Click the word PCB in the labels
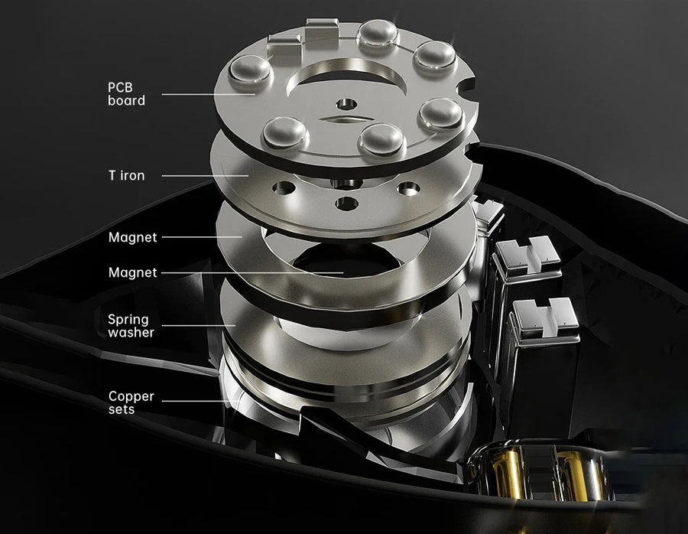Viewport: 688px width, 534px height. [x=120, y=87]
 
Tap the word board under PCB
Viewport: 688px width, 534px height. [x=126, y=100]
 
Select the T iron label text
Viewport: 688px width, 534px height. [x=126, y=176]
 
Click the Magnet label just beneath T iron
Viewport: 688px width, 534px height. [x=132, y=238]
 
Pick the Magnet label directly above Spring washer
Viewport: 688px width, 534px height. [x=132, y=272]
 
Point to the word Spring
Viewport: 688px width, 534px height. [x=128, y=320]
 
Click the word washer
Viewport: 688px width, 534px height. [x=131, y=333]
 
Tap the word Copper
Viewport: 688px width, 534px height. [x=131, y=397]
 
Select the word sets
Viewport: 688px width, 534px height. [x=122, y=409]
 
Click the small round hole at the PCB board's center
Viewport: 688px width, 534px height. [x=346, y=105]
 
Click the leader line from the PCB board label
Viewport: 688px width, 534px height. [x=209, y=94]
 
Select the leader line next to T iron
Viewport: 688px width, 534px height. [x=206, y=176]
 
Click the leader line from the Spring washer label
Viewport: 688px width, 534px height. [x=199, y=325]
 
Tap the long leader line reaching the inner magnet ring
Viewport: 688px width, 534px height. [x=252, y=272]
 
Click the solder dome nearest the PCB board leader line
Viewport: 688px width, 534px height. [x=251, y=70]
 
